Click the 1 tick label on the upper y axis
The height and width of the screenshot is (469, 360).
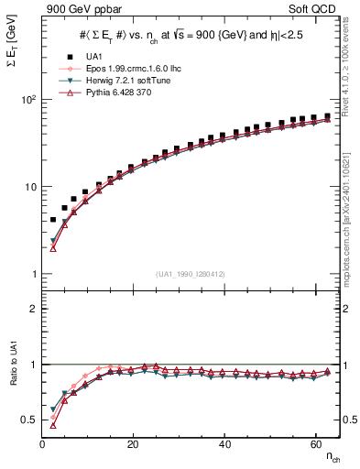(32, 274)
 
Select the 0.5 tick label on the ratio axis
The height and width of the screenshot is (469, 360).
(27, 420)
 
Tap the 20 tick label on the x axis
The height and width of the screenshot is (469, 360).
(134, 443)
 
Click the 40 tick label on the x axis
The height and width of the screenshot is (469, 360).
(224, 443)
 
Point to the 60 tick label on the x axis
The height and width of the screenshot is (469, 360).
(315, 443)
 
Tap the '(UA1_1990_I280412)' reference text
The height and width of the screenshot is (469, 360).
(190, 274)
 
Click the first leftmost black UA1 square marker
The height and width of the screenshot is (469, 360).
(53, 220)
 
